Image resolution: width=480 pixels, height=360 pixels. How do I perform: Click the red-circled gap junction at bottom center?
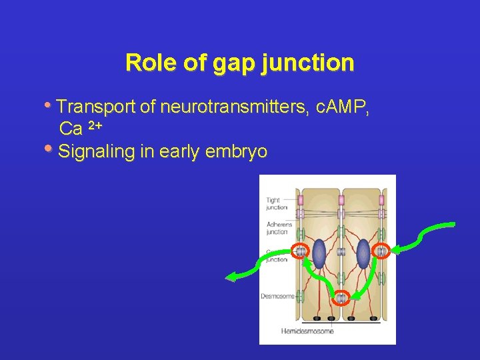tap(341, 298)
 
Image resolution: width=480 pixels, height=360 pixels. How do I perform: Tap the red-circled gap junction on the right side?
tap(381, 251)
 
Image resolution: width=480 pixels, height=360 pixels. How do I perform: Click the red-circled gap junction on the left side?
tap(300, 251)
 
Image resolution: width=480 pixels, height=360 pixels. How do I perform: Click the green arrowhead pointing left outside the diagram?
tap(231, 277)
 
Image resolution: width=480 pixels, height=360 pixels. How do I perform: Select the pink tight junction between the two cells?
tap(341, 200)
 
